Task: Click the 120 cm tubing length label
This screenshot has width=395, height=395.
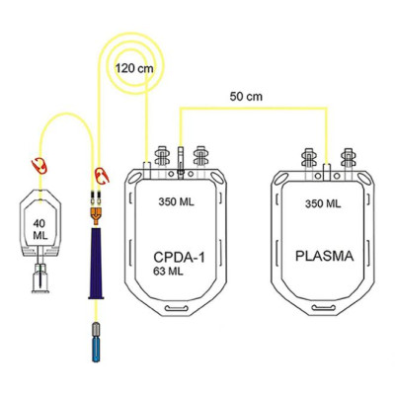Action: point(134,68)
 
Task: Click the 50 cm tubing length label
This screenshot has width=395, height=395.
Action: point(246,97)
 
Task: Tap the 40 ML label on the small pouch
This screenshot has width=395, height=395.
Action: point(40,229)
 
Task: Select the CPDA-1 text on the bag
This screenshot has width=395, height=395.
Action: point(179,257)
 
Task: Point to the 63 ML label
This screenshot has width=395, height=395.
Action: point(168,272)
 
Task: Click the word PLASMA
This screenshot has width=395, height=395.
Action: point(325,256)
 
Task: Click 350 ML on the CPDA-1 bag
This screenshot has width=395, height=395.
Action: point(177,201)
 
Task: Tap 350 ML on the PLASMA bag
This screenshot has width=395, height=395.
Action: point(323,203)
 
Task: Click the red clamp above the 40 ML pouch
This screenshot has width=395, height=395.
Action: point(39,166)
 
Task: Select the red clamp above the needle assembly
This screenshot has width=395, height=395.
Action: point(102,176)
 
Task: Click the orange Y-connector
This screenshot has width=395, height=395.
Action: point(95,214)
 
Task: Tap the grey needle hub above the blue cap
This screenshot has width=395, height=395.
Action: point(96,329)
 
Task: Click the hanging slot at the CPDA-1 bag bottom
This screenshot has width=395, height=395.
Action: point(177,309)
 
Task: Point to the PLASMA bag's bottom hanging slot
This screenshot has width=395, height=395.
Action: point(324,308)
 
